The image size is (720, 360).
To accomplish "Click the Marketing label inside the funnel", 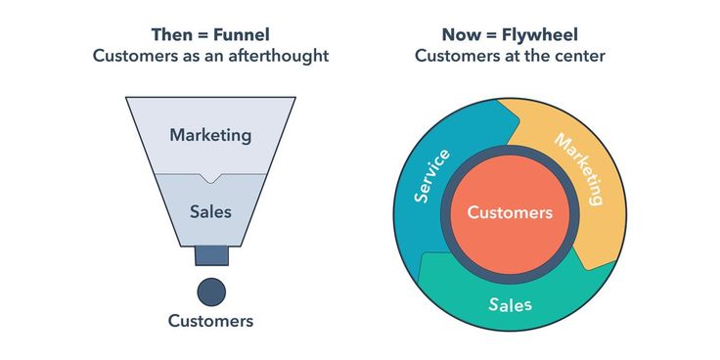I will pyautogui.click(x=210, y=135).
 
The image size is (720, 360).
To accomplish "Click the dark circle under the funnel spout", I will pyautogui.click(x=210, y=292).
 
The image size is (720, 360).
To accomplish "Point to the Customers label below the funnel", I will pyautogui.click(x=210, y=320).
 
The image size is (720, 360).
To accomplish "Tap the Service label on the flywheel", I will pyautogui.click(x=431, y=176).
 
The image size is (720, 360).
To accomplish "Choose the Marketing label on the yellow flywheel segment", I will pyautogui.click(x=577, y=167).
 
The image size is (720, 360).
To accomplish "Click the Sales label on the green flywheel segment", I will pyautogui.click(x=510, y=303).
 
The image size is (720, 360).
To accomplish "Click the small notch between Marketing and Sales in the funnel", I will pyautogui.click(x=210, y=179).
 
